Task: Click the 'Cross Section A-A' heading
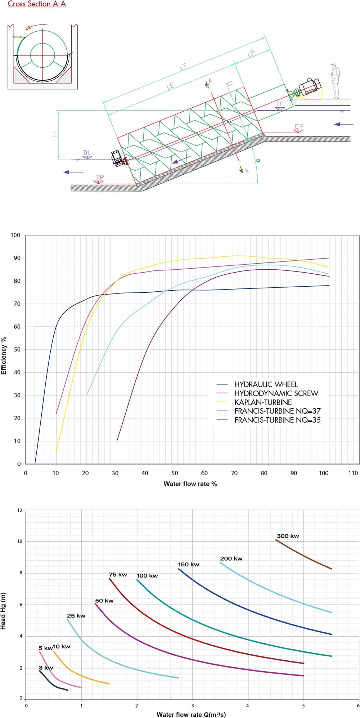tap(37, 4)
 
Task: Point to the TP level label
tap(99, 178)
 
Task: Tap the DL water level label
tap(87, 153)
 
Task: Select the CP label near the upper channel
tap(299, 126)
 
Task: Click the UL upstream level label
tap(280, 104)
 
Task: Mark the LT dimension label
tap(183, 67)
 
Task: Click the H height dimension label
tap(55, 134)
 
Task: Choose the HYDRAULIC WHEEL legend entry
tap(266, 384)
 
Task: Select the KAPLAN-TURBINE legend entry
tap(263, 402)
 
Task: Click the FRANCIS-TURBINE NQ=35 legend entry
tap(277, 420)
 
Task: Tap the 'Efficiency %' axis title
tap(4, 356)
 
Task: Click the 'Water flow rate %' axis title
tap(190, 484)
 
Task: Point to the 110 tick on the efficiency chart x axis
tap(353, 473)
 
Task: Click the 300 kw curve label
tap(288, 536)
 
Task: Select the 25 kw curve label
tap(76, 615)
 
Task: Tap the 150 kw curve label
tap(188, 564)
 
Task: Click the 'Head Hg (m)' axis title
tap(3, 611)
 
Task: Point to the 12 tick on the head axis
tap(20, 510)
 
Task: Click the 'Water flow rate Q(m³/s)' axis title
tap(191, 714)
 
